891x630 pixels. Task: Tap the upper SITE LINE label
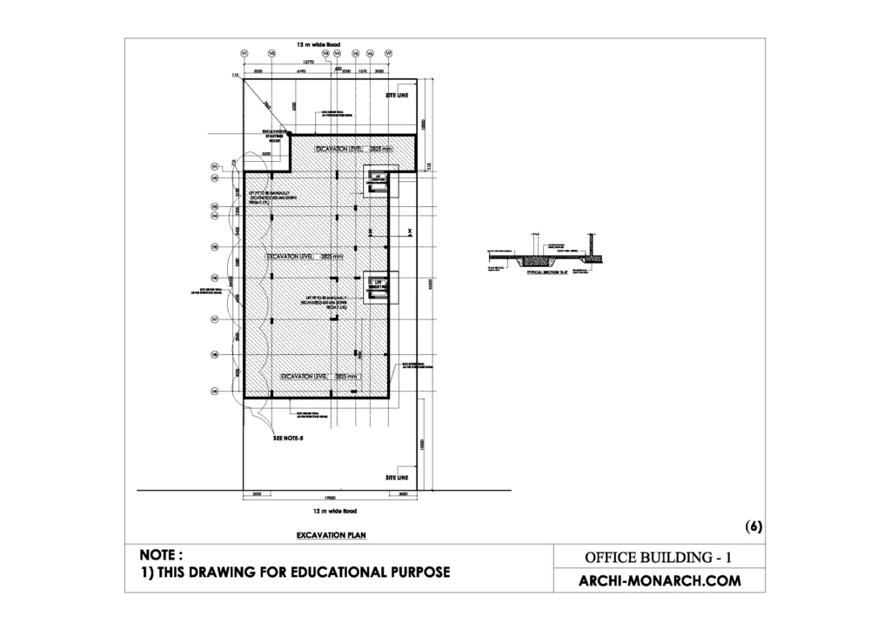396,95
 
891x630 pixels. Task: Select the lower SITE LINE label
396,478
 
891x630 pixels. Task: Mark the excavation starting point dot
290,135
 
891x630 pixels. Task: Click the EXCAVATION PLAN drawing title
331,535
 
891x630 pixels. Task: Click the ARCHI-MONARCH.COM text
660,580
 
